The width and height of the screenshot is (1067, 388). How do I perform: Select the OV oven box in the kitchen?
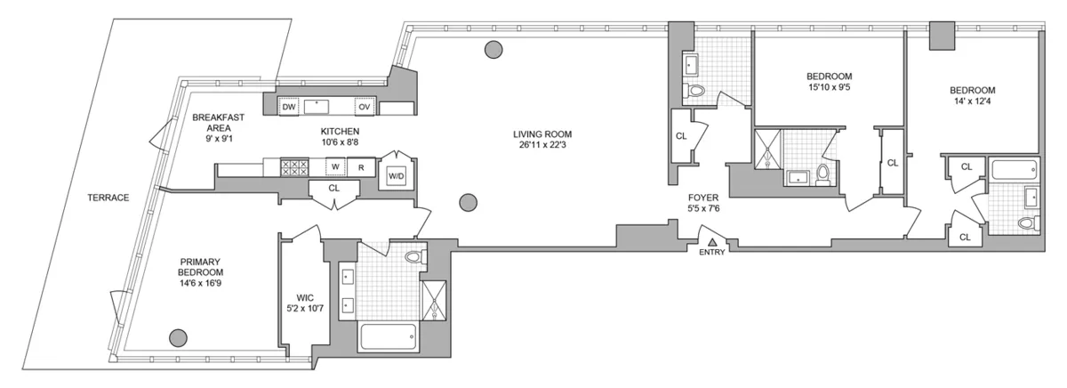(364, 107)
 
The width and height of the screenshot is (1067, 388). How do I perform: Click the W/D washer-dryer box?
(396, 174)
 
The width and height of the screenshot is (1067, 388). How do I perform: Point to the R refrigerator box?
(361, 166)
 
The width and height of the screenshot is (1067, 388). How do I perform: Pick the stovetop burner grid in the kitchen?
(294, 166)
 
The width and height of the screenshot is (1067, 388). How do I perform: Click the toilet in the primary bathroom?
(413, 257)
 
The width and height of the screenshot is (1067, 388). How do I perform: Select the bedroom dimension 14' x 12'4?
(971, 102)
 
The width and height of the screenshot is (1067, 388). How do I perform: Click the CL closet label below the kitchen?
(334, 188)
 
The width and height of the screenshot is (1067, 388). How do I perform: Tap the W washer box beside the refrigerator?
(334, 166)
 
